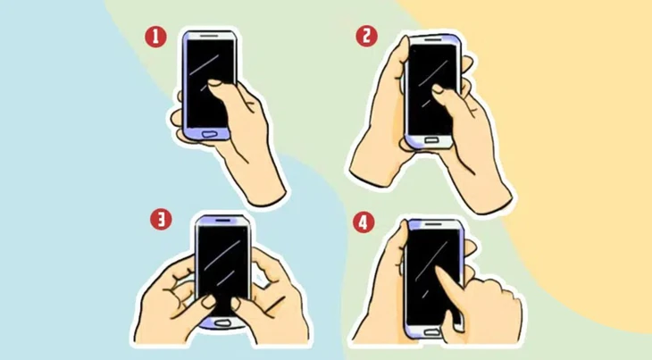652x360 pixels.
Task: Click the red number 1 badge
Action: pyautogui.click(x=157, y=37)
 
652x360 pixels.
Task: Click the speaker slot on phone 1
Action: pyautogui.click(x=210, y=37)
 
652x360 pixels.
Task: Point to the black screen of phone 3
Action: pyautogui.click(x=223, y=259)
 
